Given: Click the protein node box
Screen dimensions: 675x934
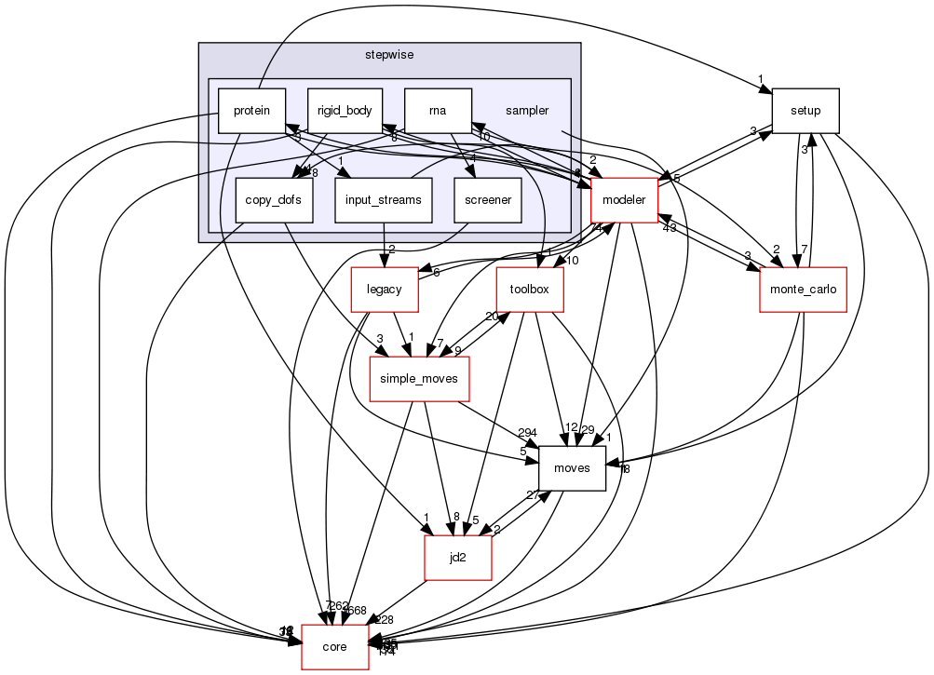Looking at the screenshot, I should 251,111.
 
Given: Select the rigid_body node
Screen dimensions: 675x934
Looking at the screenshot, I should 345,111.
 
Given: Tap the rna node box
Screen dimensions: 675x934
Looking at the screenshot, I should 438,111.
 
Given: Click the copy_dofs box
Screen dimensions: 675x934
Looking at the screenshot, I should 274,200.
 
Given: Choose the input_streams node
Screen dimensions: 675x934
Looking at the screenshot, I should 384,200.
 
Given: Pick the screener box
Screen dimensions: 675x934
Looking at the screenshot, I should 487,200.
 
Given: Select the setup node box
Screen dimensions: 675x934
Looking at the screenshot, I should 805,111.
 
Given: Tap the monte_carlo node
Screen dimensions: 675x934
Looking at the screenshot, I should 803,289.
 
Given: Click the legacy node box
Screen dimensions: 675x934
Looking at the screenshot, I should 385,289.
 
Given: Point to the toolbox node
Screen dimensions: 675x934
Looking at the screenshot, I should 530,289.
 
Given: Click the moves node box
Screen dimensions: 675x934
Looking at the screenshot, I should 572,467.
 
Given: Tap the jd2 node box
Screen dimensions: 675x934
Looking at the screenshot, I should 457,557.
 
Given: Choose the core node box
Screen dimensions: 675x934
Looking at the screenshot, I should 334,646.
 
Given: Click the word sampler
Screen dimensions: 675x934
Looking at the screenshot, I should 527,111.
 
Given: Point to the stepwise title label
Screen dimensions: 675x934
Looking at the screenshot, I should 389,54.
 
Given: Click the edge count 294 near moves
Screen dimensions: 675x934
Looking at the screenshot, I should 526,433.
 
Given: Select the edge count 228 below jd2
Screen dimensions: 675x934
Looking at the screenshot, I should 384,620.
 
